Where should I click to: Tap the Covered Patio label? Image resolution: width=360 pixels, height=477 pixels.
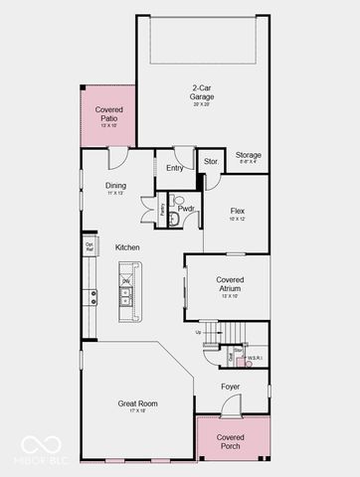click(108, 114)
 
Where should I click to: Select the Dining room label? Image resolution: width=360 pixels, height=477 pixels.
click(115, 185)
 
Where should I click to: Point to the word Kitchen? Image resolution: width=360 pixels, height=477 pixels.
click(126, 247)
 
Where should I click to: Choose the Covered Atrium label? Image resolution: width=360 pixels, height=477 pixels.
click(230, 284)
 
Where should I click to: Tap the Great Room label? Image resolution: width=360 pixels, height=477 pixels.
click(137, 402)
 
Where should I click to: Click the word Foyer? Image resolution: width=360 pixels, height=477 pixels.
click(231, 388)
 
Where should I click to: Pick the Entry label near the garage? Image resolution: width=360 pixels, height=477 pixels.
click(174, 168)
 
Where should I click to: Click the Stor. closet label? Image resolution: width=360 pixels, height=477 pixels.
click(211, 161)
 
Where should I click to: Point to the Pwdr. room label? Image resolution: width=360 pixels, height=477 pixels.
click(186, 209)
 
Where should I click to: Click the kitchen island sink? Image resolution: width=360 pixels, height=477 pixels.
click(127, 282)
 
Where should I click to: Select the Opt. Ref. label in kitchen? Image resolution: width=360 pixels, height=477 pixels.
click(89, 246)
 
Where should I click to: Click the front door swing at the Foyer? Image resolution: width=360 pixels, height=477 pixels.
click(231, 405)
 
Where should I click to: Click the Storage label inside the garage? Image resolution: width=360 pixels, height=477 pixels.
click(249, 155)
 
